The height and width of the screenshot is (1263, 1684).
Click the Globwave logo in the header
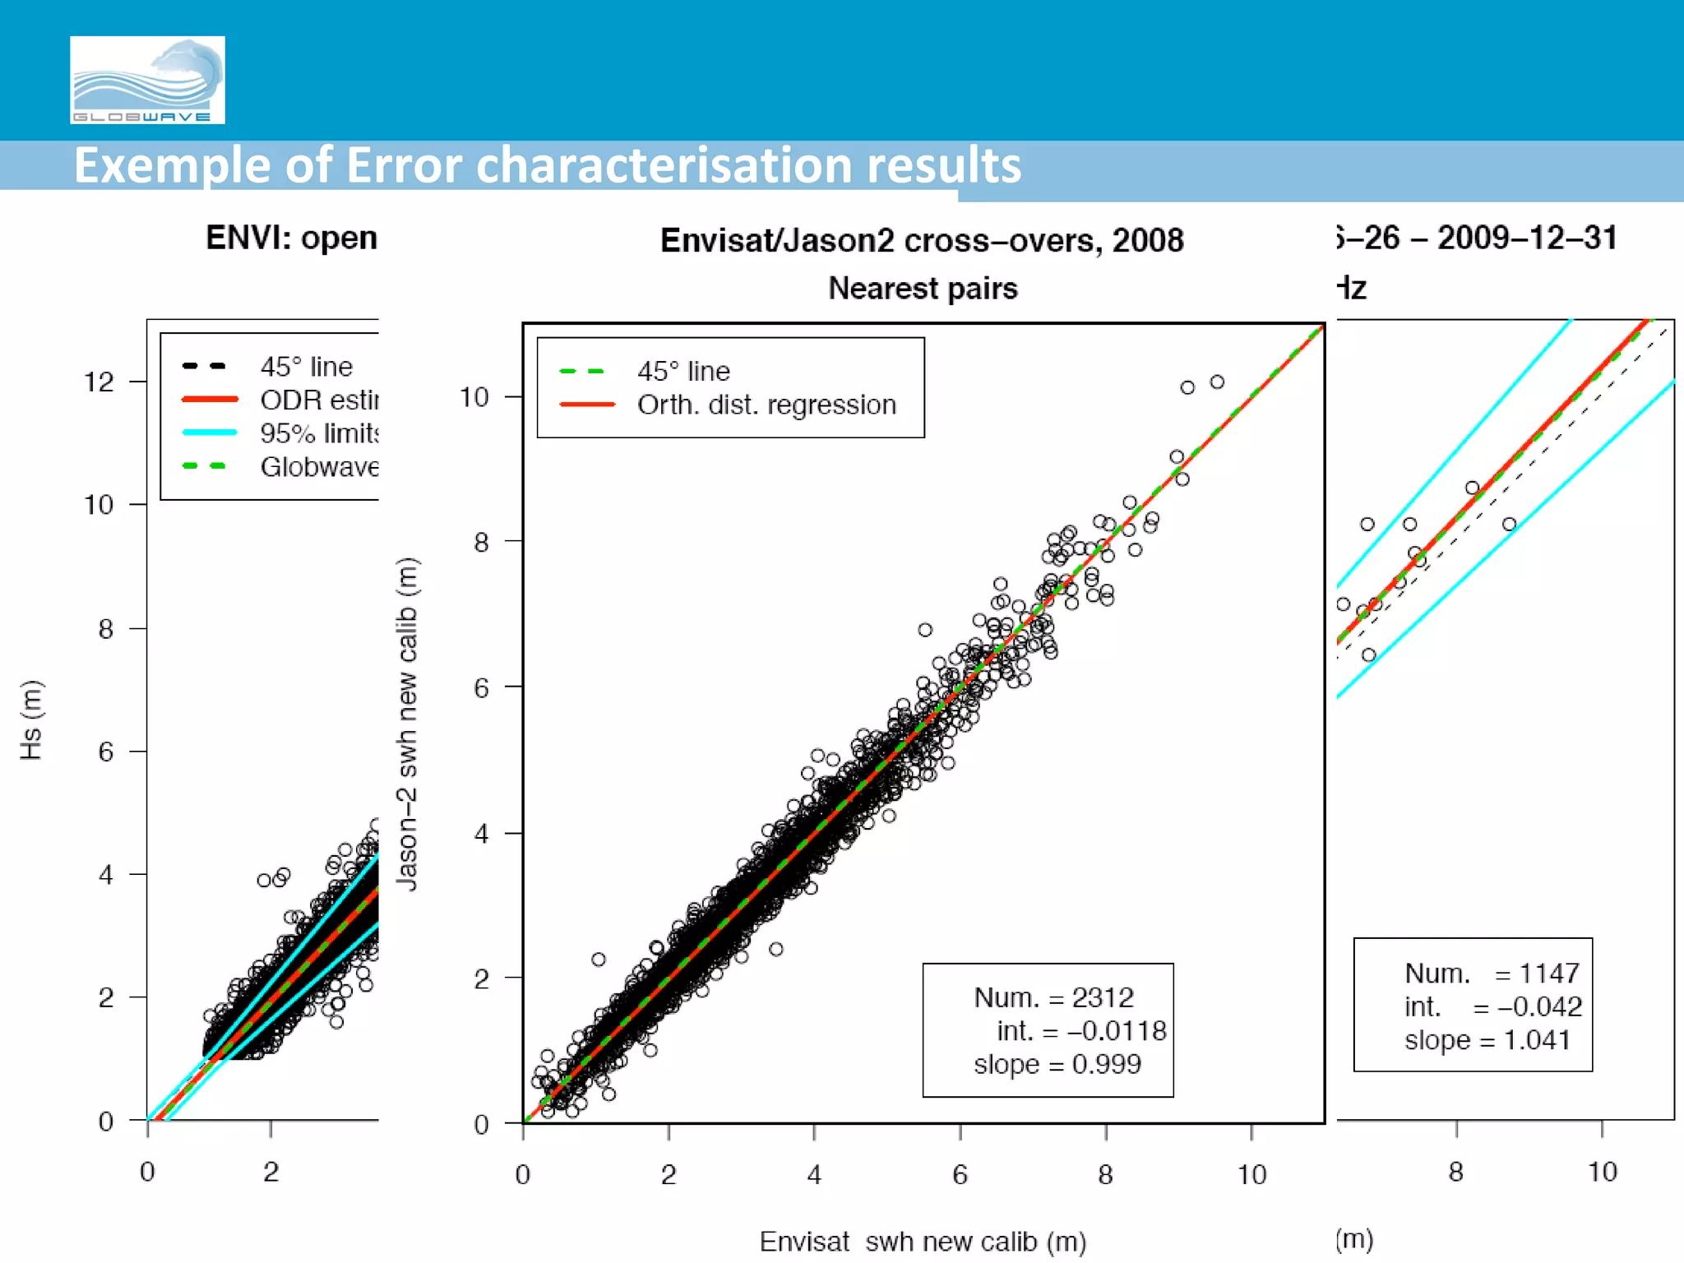click(x=147, y=80)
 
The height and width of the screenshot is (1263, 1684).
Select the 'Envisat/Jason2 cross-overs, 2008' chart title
click(x=922, y=240)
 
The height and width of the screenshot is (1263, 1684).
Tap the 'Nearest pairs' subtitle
click(x=923, y=289)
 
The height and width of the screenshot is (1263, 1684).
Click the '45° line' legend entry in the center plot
click(x=682, y=371)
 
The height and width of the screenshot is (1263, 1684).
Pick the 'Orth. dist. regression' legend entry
click(x=766, y=405)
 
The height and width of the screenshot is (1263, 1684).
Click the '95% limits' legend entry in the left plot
click(x=319, y=433)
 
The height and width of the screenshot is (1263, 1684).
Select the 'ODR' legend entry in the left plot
click(x=319, y=400)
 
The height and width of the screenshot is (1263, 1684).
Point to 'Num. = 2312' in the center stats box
click(x=1053, y=997)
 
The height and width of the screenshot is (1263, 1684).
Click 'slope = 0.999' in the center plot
click(x=1057, y=1064)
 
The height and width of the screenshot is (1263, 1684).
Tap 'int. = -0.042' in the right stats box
click(x=1492, y=1006)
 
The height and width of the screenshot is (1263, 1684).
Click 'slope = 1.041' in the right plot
click(x=1487, y=1040)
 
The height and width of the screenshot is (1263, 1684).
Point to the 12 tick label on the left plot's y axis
click(x=99, y=382)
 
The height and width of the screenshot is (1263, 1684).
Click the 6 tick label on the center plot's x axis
click(x=960, y=1175)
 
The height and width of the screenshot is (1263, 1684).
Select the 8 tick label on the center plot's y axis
click(x=481, y=542)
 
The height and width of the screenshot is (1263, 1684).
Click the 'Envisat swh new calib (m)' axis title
click(x=923, y=1241)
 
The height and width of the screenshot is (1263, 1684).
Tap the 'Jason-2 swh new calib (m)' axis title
click(x=407, y=724)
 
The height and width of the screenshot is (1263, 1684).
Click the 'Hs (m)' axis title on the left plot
click(x=31, y=719)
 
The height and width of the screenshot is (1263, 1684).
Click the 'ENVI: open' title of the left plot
click(x=291, y=238)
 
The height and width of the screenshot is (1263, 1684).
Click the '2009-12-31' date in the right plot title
click(x=1527, y=238)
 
